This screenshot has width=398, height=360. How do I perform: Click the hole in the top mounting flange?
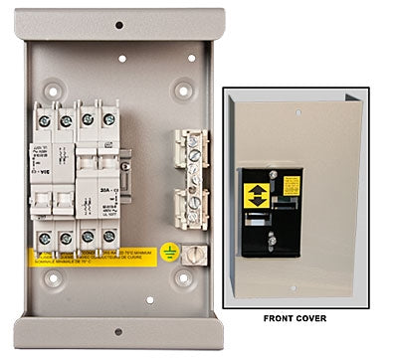(118, 25)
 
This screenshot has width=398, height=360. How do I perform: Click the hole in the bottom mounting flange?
(117, 332)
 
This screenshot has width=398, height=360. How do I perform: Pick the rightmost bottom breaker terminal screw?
(106, 237)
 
